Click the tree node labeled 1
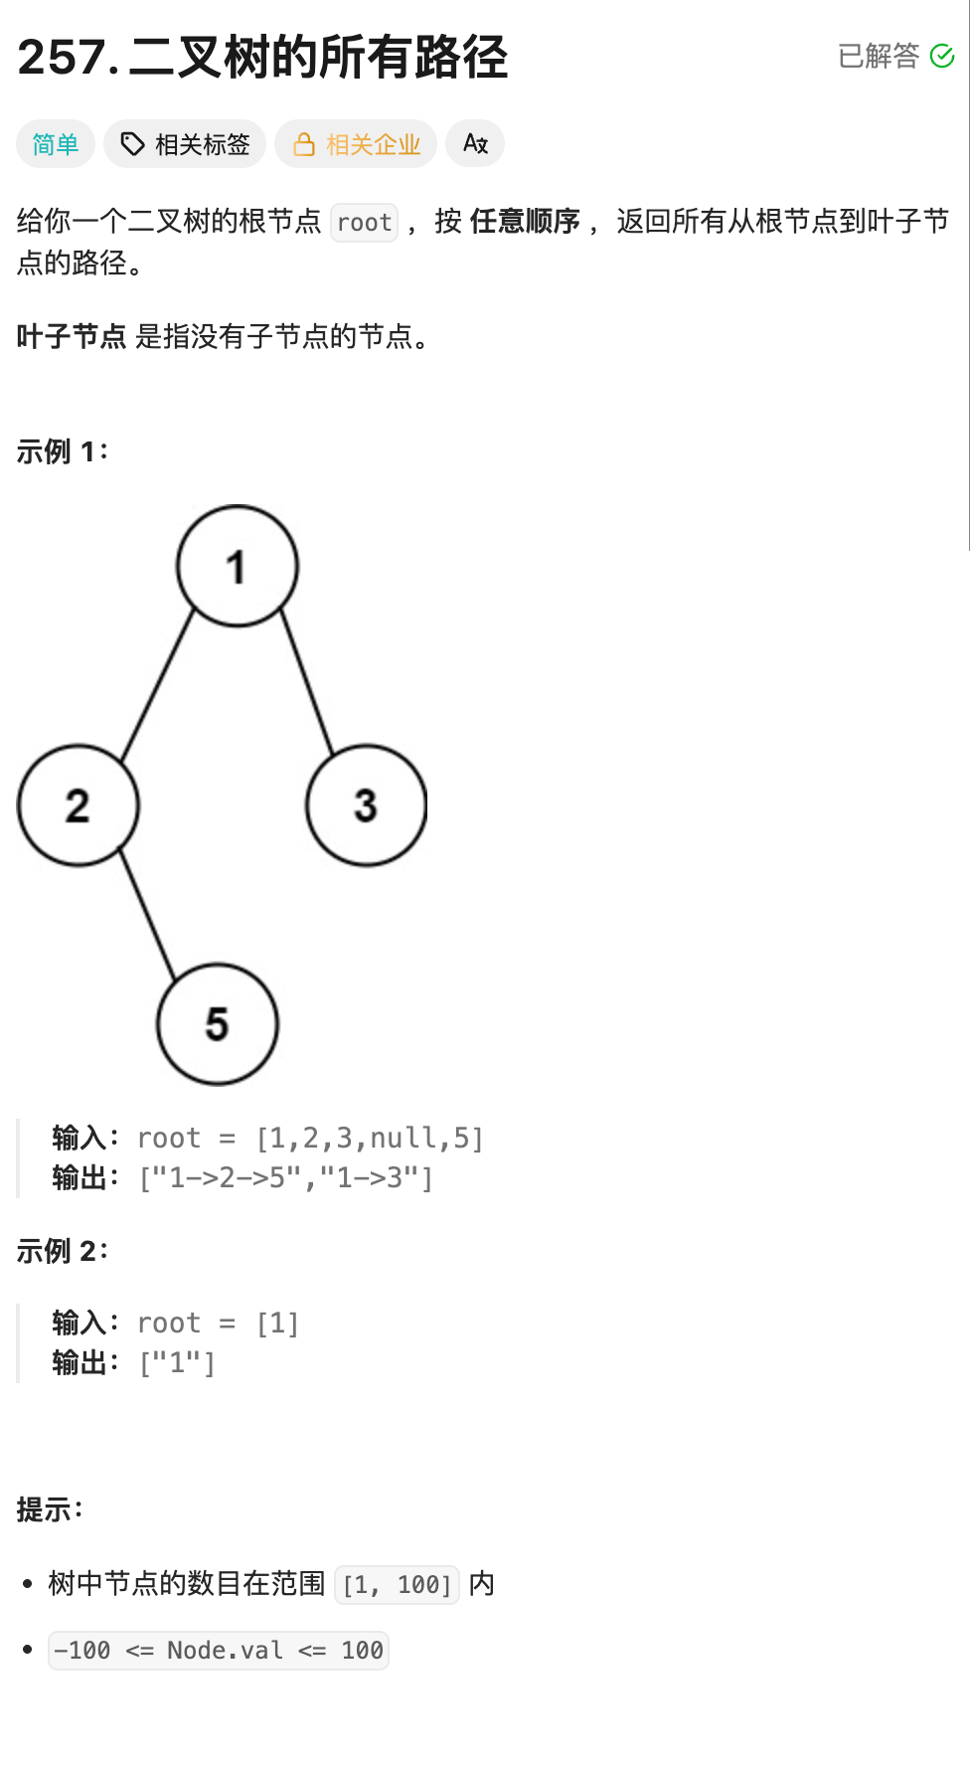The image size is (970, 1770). point(238,566)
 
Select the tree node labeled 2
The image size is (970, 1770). point(79,805)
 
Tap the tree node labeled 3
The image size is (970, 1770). point(367,805)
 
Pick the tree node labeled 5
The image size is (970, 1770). point(218,1024)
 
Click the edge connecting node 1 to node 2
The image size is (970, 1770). point(157,686)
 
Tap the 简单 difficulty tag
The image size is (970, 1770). point(56,144)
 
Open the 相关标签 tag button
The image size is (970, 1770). point(185,144)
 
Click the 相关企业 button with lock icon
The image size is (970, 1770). point(356,144)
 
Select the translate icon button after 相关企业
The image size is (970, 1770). point(475,144)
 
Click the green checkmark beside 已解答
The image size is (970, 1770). point(941,56)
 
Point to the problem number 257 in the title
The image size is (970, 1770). point(62,57)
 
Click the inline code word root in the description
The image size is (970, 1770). point(364,222)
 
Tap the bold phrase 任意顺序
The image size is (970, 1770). point(525,221)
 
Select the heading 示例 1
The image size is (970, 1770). point(62,451)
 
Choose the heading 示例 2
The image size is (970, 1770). point(62,1251)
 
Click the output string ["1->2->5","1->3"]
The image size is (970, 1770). point(286,1178)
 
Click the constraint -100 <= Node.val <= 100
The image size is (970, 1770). point(219,1651)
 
